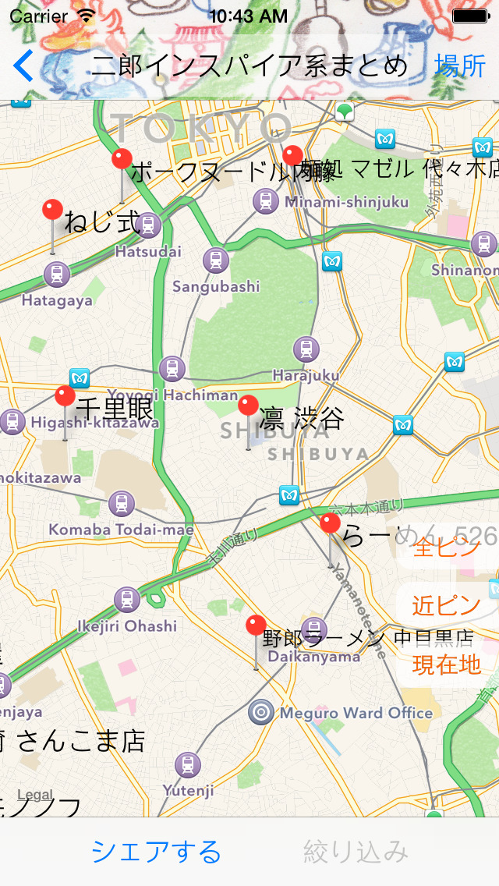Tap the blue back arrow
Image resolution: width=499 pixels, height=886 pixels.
click(x=23, y=66)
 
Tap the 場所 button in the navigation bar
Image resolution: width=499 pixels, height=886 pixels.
click(x=460, y=66)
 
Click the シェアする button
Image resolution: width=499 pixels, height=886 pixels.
click(x=156, y=851)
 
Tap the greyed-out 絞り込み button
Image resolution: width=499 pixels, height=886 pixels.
click(x=356, y=851)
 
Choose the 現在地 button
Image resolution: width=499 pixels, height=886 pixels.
click(x=447, y=664)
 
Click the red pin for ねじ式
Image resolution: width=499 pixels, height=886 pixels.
click(x=53, y=210)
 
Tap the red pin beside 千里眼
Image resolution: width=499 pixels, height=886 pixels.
click(x=65, y=396)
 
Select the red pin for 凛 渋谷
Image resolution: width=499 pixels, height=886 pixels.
click(x=248, y=406)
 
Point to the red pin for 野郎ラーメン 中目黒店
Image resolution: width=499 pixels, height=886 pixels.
click(x=256, y=626)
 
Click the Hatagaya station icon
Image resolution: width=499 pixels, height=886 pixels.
click(x=56, y=275)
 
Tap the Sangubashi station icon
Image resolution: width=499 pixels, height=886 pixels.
click(x=216, y=260)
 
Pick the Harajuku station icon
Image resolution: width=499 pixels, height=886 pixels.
click(x=306, y=349)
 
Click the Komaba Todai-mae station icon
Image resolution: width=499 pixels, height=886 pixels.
click(x=121, y=504)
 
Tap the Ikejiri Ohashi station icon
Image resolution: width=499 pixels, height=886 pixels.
click(x=127, y=600)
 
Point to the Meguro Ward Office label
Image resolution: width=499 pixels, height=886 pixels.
click(x=356, y=713)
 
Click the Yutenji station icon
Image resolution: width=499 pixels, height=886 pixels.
click(x=188, y=765)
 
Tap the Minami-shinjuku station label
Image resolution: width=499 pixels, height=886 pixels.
click(x=346, y=203)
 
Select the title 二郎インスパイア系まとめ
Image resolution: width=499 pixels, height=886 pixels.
click(x=249, y=66)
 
